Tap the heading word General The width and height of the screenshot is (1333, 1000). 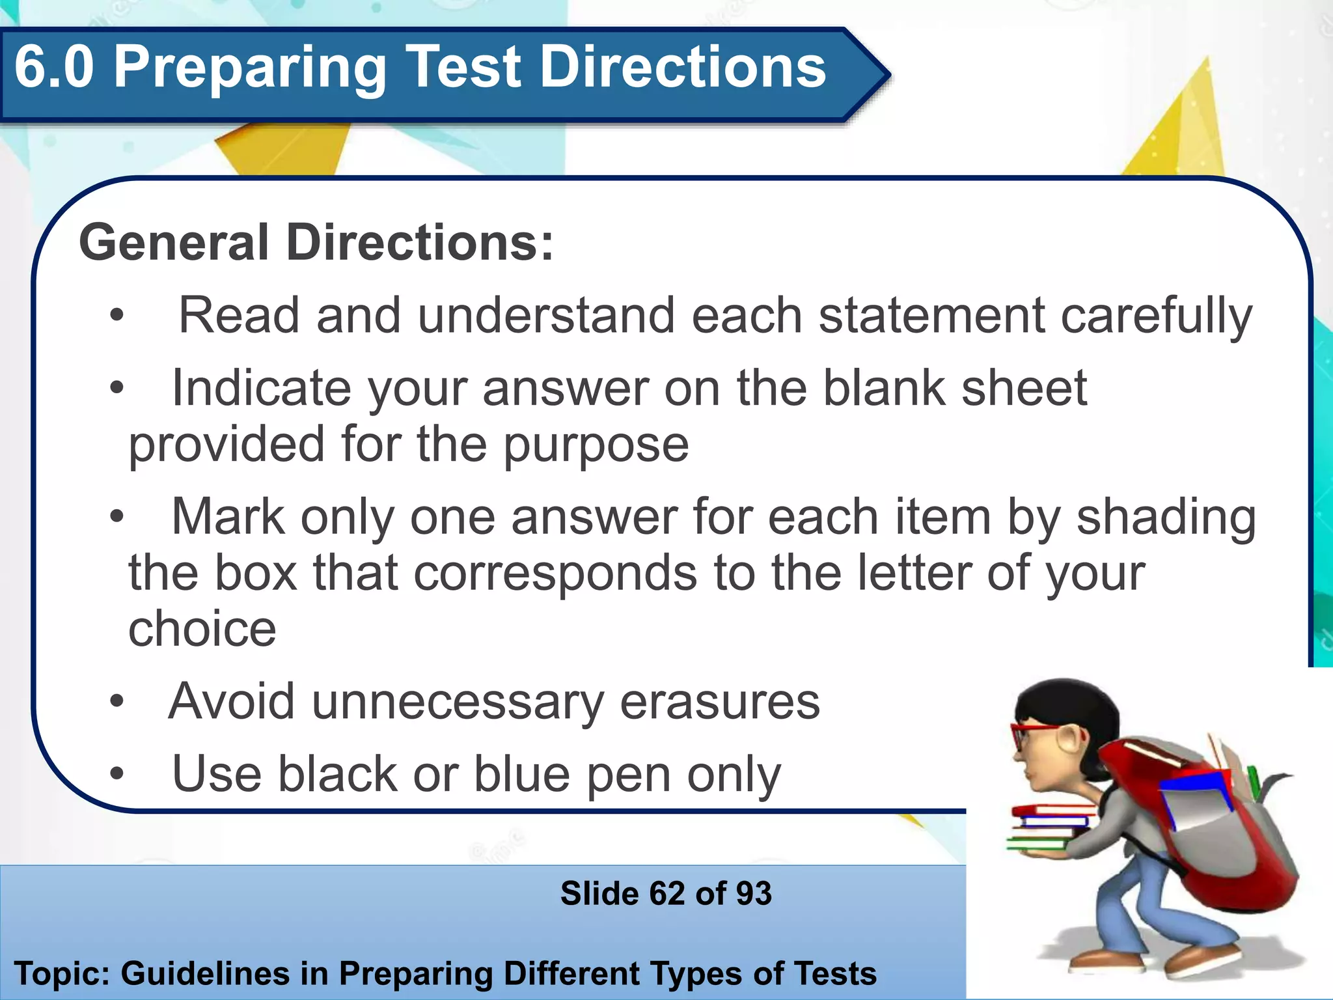pos(173,242)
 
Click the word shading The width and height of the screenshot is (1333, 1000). pos(1166,518)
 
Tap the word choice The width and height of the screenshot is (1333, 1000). pos(202,630)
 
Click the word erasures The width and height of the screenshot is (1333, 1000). pos(720,702)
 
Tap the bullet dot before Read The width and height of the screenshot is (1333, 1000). pos(117,316)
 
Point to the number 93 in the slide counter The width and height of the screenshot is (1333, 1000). pos(754,893)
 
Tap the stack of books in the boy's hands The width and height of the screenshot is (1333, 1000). pos(1048,827)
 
